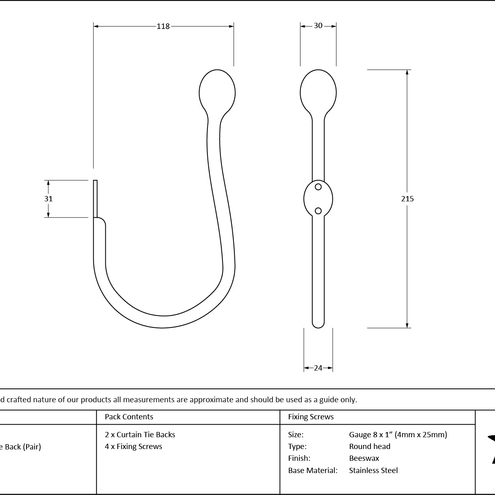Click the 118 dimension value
[163, 26]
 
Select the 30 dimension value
[318, 26]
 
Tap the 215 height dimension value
[408, 198]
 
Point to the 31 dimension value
[48, 198]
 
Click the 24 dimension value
[318, 368]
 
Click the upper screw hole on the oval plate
[318, 187]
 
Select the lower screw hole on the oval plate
[318, 211]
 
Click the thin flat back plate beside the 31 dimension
[95, 198]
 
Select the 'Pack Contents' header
[129, 416]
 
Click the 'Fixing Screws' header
[311, 416]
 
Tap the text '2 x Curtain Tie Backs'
[140, 435]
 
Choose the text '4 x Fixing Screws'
[133, 447]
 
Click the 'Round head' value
[370, 447]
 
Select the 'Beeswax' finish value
[364, 458]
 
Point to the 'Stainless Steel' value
[373, 470]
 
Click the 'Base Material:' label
[313, 470]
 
